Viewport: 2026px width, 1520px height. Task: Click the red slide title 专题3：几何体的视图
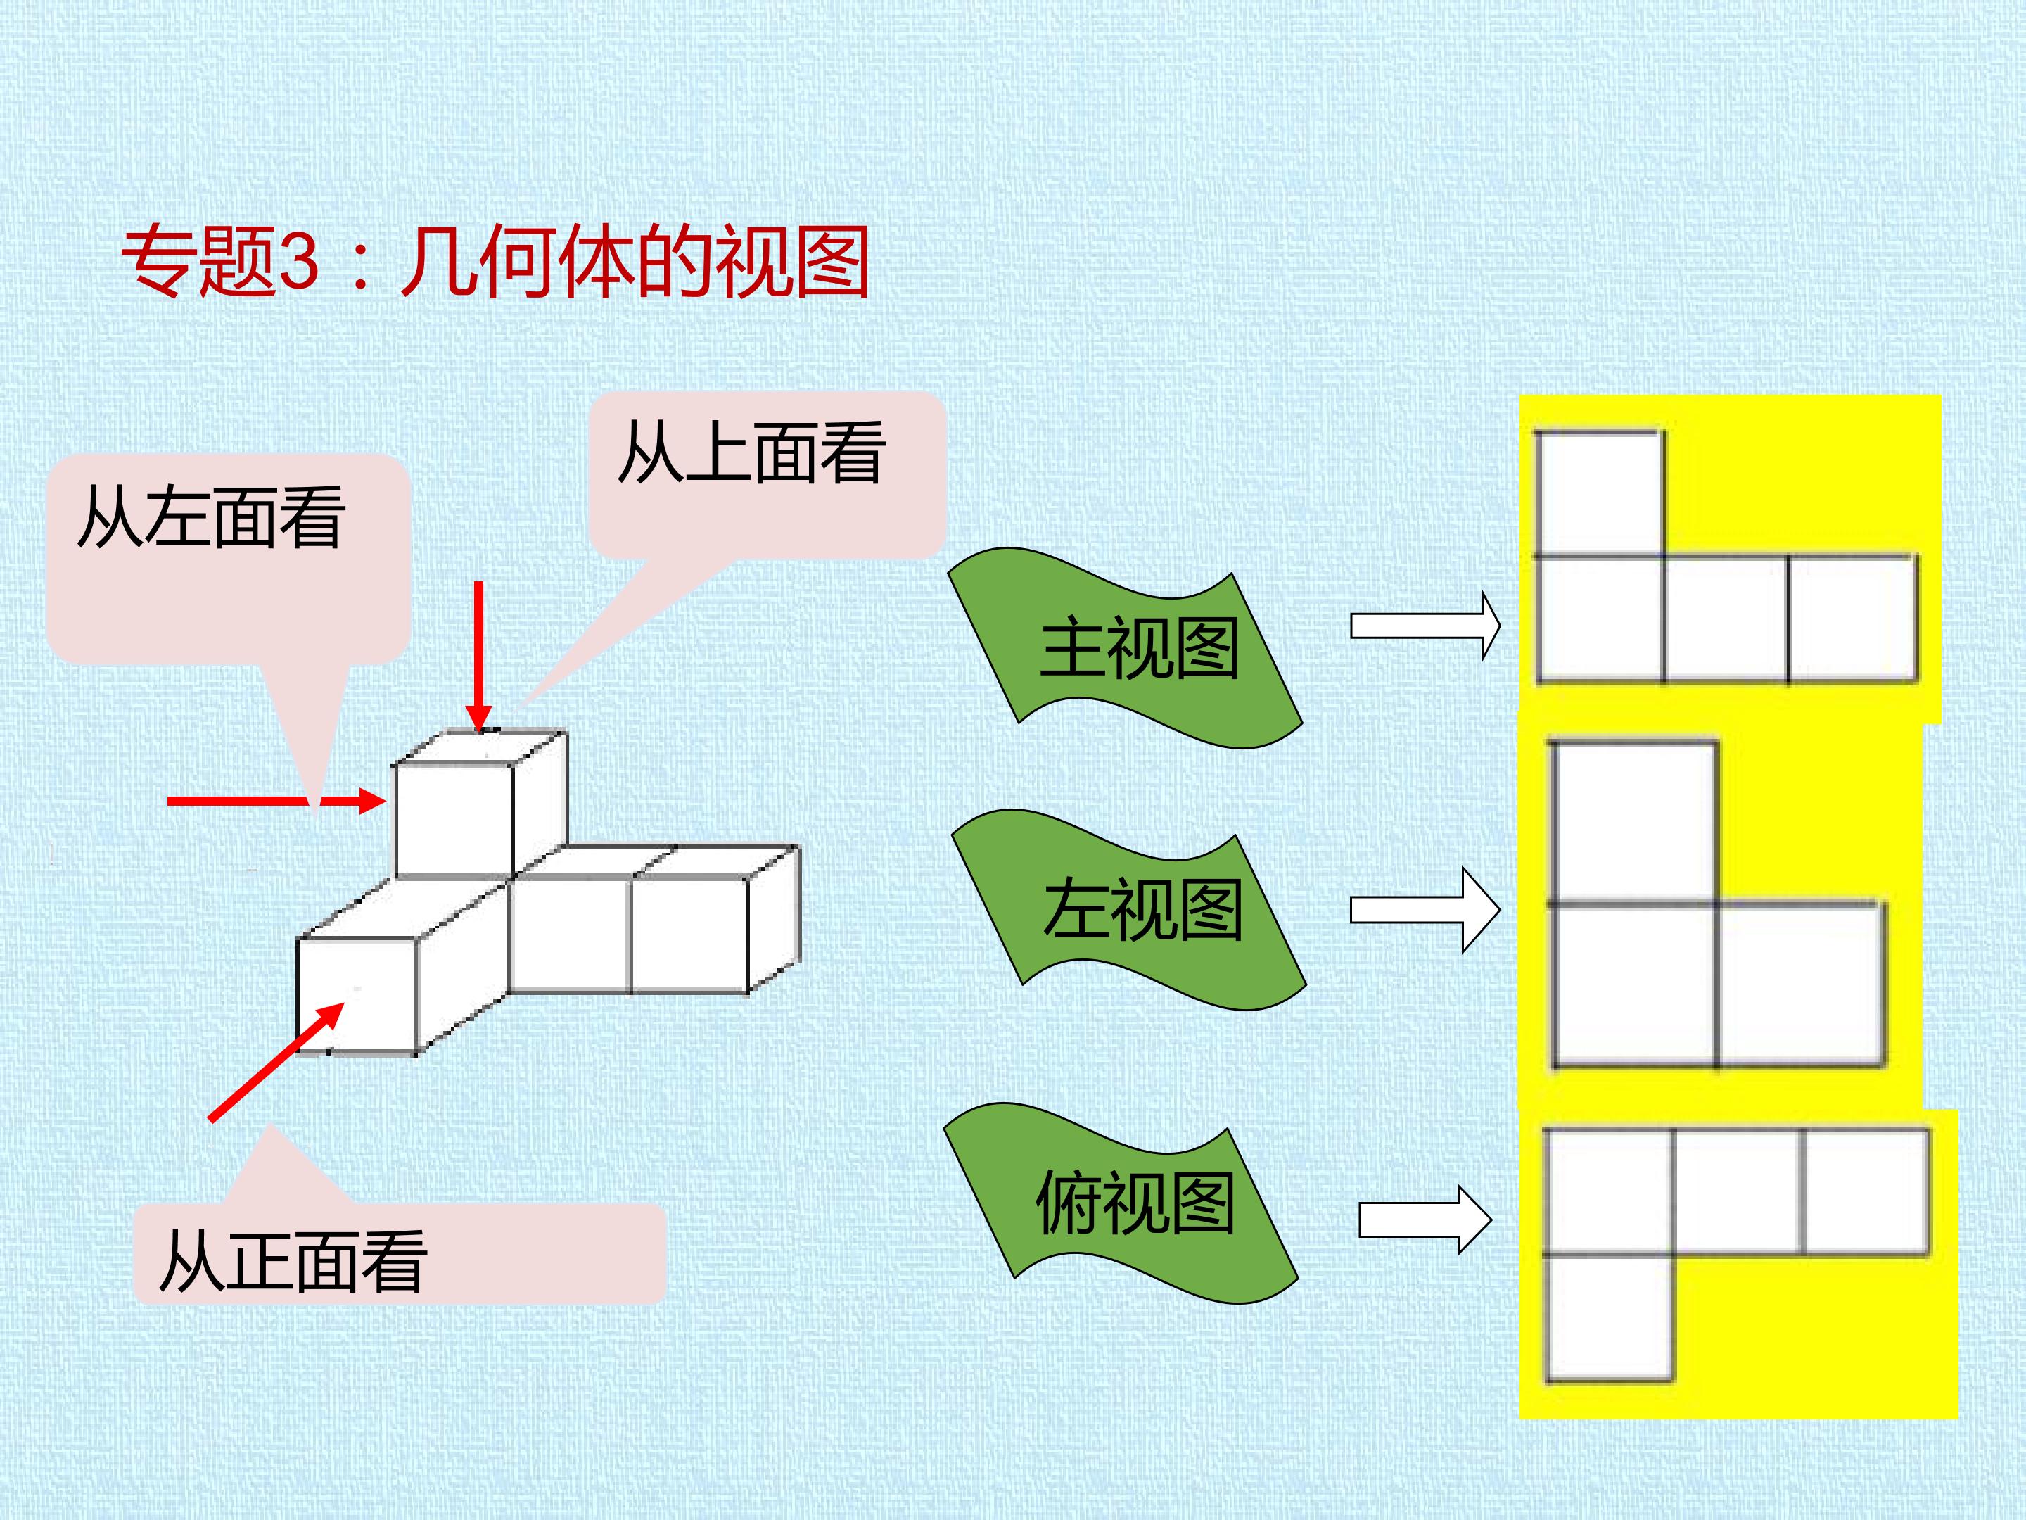pyautogui.click(x=495, y=263)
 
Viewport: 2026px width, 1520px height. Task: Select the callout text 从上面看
pyautogui.click(x=752, y=452)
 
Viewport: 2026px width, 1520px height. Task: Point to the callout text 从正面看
pyautogui.click(x=293, y=1262)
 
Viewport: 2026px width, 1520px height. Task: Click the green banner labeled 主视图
pyautogui.click(x=1125, y=649)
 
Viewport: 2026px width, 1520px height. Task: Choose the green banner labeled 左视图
pyautogui.click(x=1128, y=910)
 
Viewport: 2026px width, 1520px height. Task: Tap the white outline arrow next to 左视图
pyautogui.click(x=1426, y=910)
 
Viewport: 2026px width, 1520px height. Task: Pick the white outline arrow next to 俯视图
pyautogui.click(x=1426, y=1220)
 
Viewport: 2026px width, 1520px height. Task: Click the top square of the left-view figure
pyautogui.click(x=1633, y=823)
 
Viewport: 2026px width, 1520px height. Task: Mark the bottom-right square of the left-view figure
pyautogui.click(x=1799, y=985)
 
